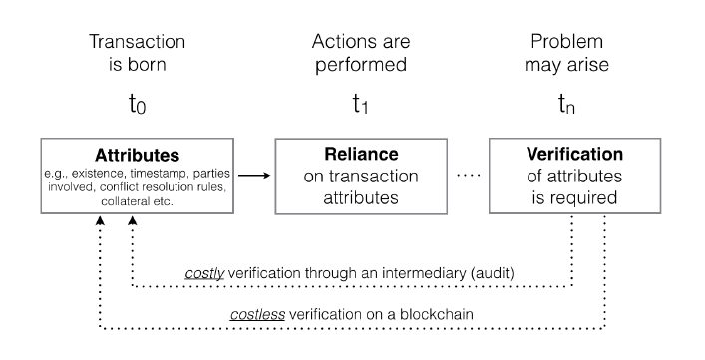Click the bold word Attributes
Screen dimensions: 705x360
(138, 155)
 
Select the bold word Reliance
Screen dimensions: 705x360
(361, 154)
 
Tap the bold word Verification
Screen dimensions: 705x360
(574, 154)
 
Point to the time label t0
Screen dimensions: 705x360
(138, 104)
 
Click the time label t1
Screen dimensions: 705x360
(361, 104)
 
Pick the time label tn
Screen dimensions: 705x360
(567, 104)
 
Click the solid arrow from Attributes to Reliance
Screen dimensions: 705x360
(254, 176)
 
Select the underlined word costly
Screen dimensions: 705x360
(204, 273)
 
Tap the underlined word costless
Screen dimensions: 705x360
(257, 314)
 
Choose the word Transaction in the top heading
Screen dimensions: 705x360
(138, 41)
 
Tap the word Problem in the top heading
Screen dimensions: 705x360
(567, 41)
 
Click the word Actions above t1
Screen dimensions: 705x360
(339, 41)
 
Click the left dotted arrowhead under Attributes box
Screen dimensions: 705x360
(100, 220)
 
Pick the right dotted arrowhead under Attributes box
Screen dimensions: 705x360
(133, 220)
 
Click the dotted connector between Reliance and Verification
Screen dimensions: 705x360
(469, 175)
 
